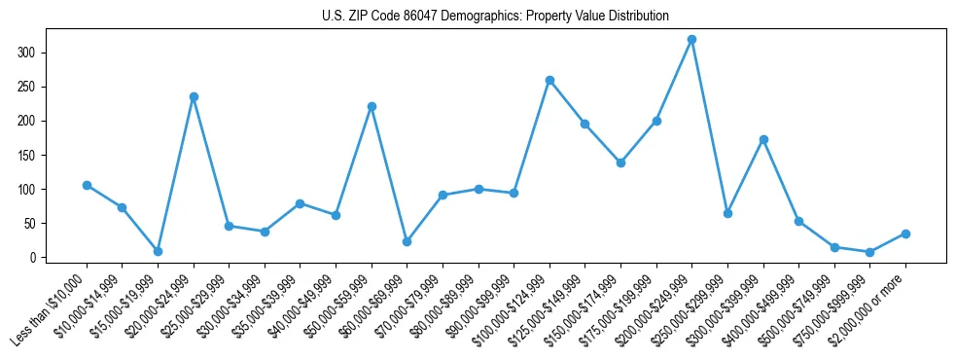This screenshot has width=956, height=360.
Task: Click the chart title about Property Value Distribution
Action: pos(495,17)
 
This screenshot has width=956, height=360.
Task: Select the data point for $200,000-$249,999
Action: pos(691,40)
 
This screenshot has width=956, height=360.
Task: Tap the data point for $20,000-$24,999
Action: pos(194,97)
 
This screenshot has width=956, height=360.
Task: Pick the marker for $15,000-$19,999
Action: pos(158,251)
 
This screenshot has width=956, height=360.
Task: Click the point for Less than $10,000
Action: pos(87,185)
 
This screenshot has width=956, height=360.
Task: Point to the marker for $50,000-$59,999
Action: pos(372,106)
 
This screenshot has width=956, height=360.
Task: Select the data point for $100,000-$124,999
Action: pos(549,80)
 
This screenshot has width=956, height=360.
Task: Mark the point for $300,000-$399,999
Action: pos(763,139)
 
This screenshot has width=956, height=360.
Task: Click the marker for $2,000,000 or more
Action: pos(905,234)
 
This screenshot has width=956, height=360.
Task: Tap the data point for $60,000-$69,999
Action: pos(407,241)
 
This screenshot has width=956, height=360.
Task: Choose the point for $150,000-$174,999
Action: pos(620,162)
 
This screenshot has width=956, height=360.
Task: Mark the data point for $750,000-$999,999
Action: pos(869,252)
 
